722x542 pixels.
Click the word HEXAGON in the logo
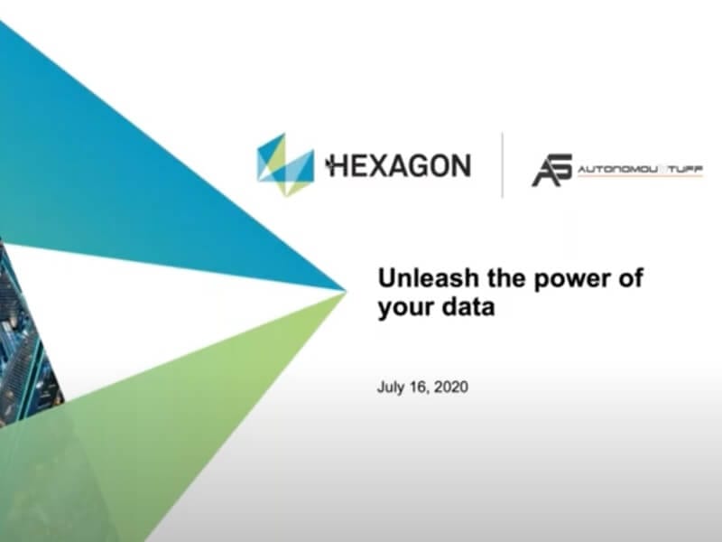pos(398,166)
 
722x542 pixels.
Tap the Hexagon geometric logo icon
pos(285,165)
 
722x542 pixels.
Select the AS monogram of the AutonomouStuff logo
pos(552,170)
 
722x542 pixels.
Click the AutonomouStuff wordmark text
pos(640,170)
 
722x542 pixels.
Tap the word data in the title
pos(468,306)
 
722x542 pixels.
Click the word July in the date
pos(391,388)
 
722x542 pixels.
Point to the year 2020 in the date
pos(451,387)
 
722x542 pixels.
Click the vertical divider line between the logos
pos(502,164)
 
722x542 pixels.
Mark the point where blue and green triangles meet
pos(346,291)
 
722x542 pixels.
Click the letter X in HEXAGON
pos(370,166)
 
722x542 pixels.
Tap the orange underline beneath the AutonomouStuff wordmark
pos(640,176)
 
